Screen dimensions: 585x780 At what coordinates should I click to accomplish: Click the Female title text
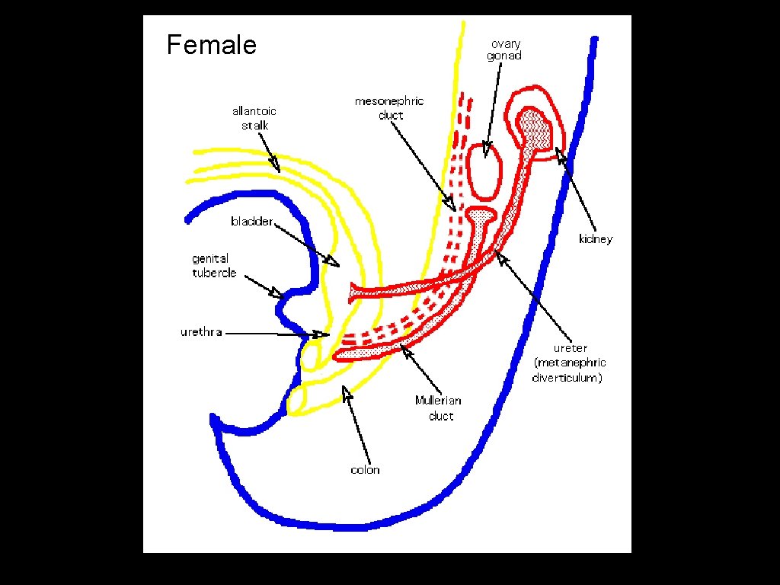coord(211,46)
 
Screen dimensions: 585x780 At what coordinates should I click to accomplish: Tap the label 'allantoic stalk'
coord(254,118)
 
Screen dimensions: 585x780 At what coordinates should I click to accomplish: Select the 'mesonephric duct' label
coord(389,108)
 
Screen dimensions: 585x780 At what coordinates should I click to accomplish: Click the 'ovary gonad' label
coord(504,50)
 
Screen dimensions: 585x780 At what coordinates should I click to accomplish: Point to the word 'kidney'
coord(595,239)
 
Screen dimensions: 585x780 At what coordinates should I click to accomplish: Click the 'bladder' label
coord(251,222)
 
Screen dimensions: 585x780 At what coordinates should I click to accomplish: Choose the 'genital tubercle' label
coord(214,266)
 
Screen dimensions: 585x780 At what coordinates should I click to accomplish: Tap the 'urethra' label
coord(201,332)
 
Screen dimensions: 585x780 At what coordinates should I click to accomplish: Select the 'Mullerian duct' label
coord(438,408)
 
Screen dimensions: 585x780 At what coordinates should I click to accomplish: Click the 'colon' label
coord(365,470)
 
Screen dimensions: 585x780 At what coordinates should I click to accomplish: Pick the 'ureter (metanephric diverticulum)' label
coord(569,363)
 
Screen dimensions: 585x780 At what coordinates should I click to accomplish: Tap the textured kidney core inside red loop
coord(536,129)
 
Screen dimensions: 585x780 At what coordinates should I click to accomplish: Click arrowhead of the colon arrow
coord(347,392)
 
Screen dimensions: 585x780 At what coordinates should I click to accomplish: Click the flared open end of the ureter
coord(354,291)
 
